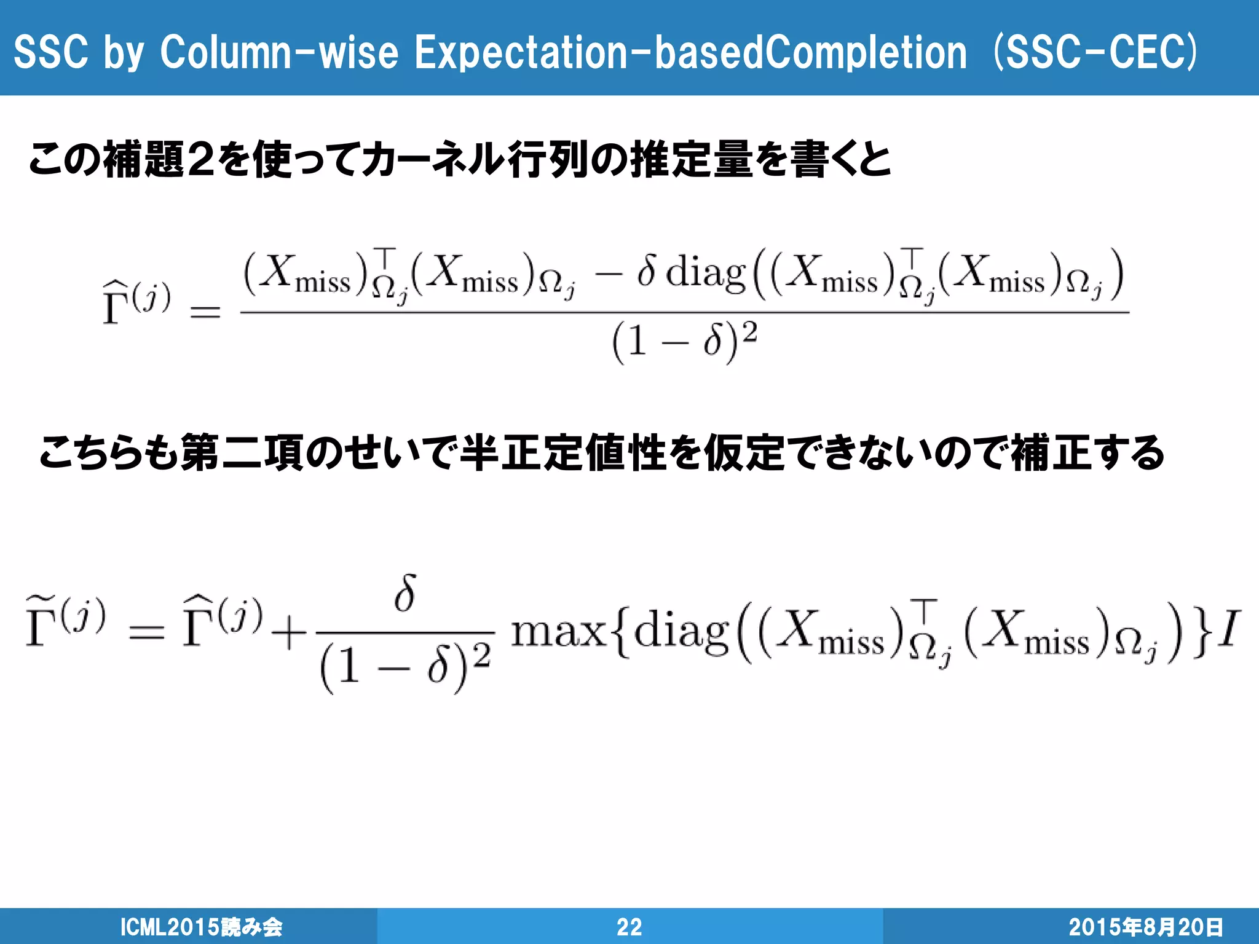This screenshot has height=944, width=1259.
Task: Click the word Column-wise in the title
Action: pos(278,52)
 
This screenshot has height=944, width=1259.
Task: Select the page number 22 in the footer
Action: pos(629,927)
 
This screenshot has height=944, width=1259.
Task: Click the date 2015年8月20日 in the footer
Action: pos(1145,927)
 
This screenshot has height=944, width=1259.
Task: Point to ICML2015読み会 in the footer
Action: pos(201,927)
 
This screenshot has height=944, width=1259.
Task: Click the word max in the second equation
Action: pos(558,632)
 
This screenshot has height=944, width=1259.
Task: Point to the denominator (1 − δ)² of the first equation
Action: pos(684,341)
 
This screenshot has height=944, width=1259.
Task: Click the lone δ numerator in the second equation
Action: pos(406,593)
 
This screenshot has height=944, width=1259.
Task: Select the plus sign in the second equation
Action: pos(288,633)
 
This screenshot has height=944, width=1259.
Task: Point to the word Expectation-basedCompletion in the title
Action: pos(691,52)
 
